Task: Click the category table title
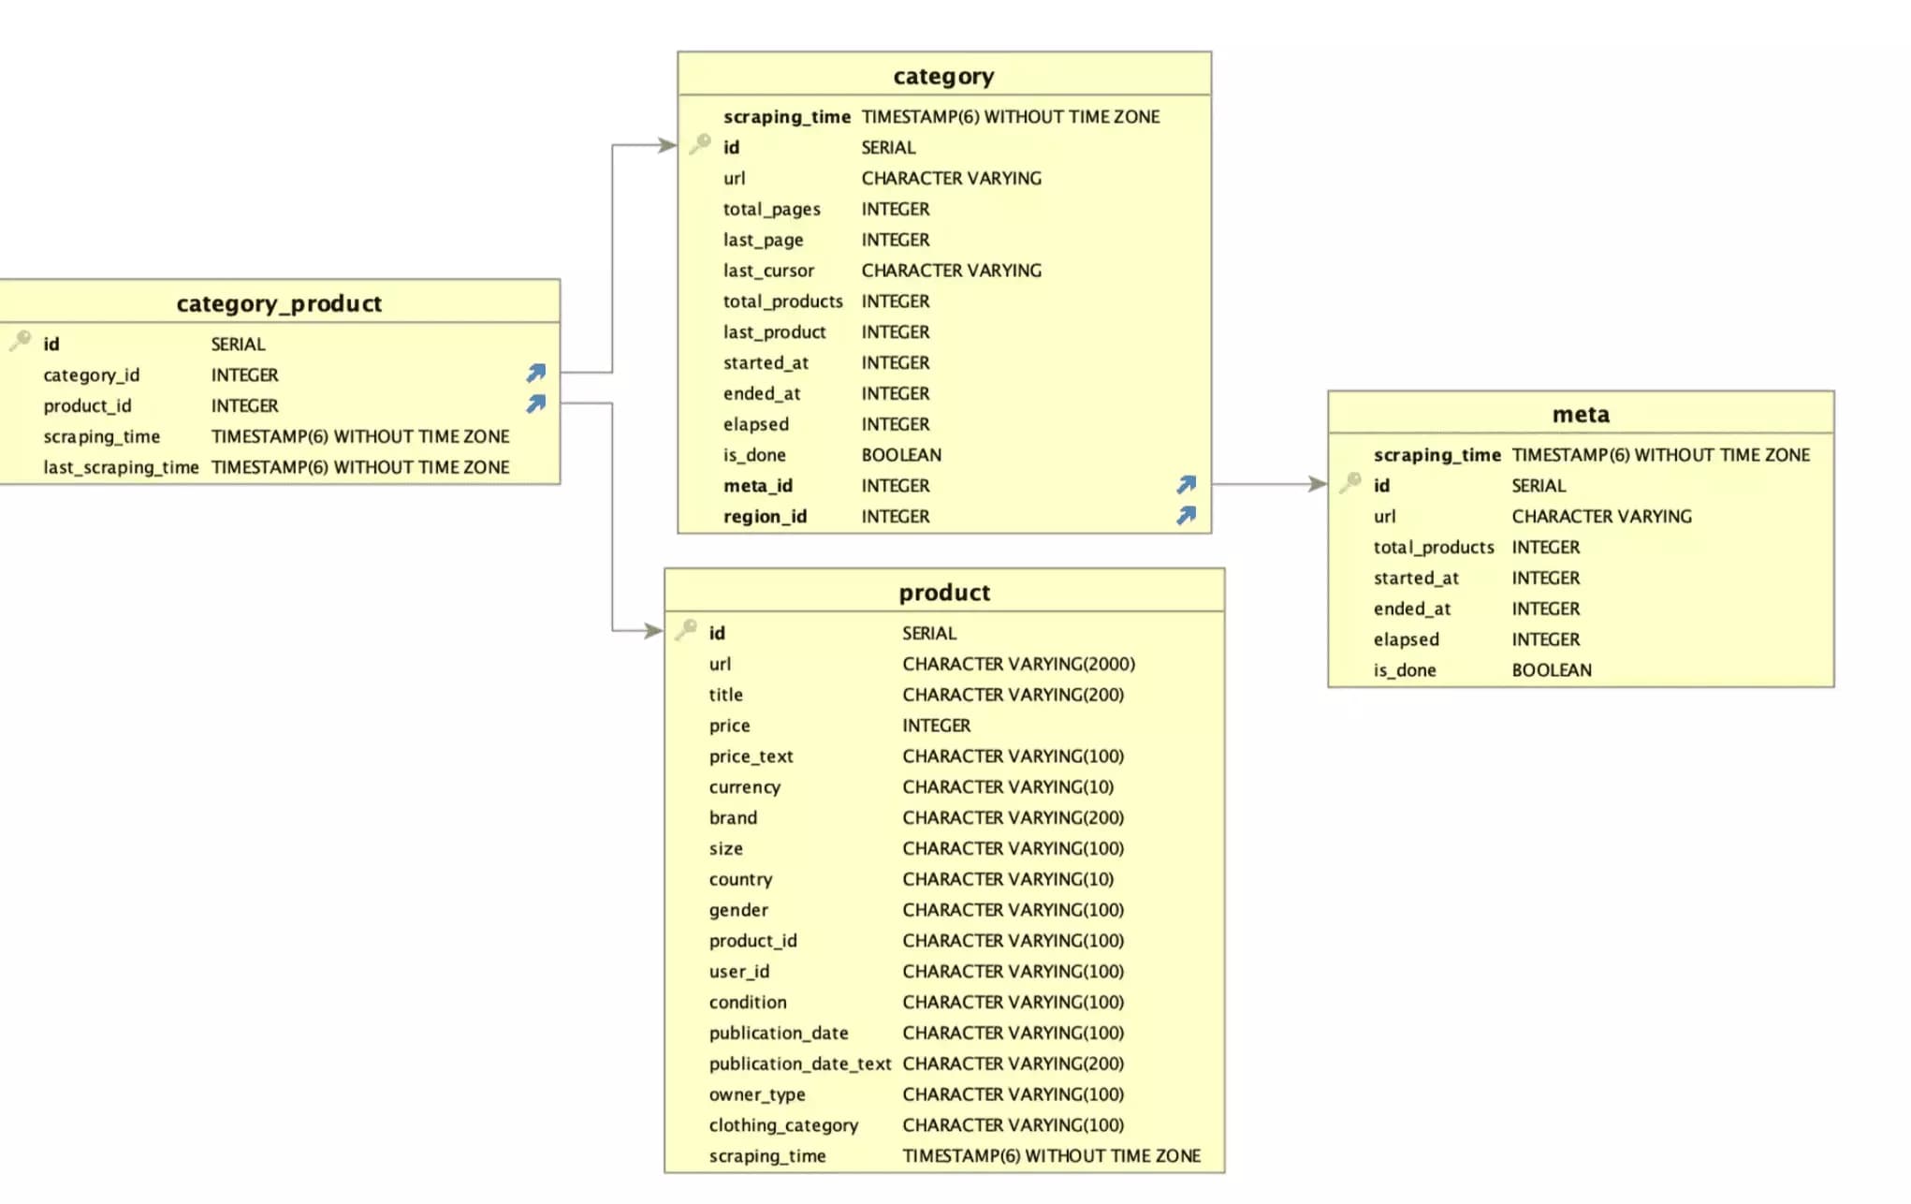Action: click(943, 76)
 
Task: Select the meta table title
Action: click(1581, 414)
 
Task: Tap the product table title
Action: click(944, 593)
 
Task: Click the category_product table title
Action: click(279, 303)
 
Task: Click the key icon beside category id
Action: click(700, 145)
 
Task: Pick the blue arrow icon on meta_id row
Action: click(1187, 484)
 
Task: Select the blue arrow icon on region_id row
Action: click(1187, 515)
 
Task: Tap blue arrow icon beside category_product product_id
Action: click(536, 404)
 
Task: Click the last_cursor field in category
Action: click(768, 271)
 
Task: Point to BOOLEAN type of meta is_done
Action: click(1551, 670)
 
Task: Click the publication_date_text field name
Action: click(799, 1064)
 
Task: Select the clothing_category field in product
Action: click(783, 1125)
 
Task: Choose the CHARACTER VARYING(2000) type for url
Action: click(1018, 664)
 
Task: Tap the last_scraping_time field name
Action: click(121, 467)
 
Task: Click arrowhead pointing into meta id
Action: click(1318, 484)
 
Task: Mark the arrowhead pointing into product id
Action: click(653, 631)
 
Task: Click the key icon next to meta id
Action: click(1350, 483)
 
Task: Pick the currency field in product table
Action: click(744, 787)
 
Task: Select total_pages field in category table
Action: click(771, 209)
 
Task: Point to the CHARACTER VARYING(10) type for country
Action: click(1008, 879)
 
